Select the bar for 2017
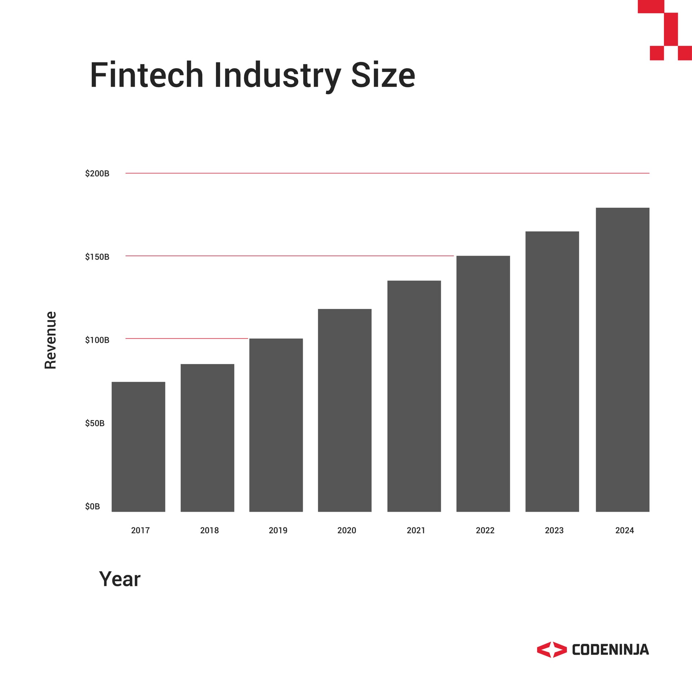(x=138, y=447)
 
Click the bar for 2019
(x=276, y=425)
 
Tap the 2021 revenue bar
(x=414, y=396)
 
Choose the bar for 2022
(x=483, y=383)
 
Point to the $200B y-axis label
(x=97, y=173)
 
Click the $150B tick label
(x=97, y=257)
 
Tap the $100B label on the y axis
(x=97, y=340)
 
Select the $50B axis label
(x=95, y=423)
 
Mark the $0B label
(x=92, y=506)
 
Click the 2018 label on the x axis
(x=209, y=530)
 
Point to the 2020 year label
(x=347, y=530)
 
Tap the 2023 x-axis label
(x=554, y=530)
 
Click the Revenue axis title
(x=50, y=340)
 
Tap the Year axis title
(x=120, y=579)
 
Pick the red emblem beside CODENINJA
(x=551, y=649)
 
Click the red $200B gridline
(x=387, y=173)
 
